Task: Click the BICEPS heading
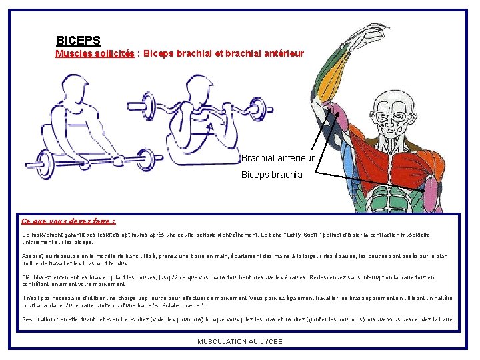click(78, 41)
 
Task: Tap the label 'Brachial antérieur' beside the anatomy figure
click(277, 158)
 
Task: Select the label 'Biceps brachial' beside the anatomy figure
click(272, 175)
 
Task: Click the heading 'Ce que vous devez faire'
click(68, 221)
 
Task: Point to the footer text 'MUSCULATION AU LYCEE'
click(240, 342)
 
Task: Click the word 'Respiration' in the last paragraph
click(39, 319)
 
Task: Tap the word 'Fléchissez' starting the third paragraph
click(39, 277)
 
